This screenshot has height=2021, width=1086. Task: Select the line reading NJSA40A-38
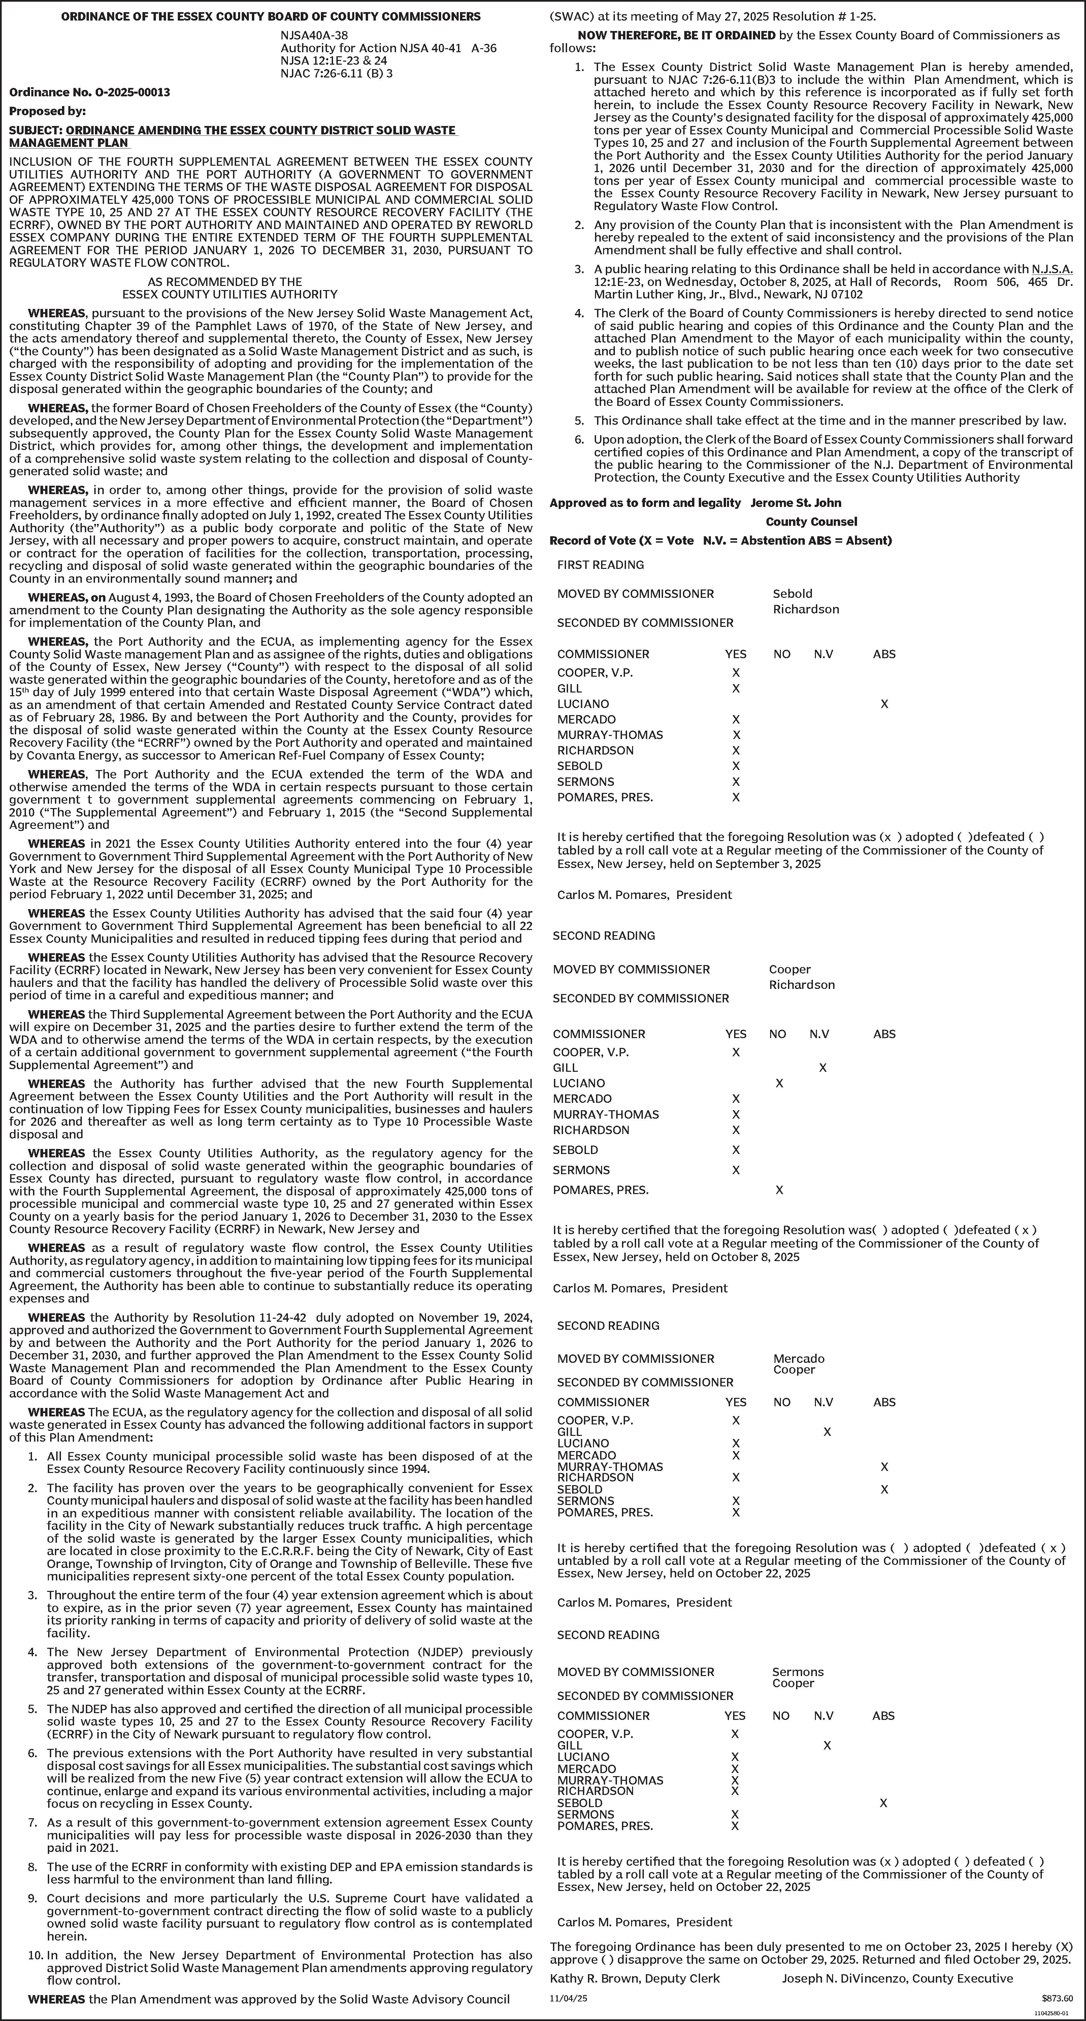tap(315, 35)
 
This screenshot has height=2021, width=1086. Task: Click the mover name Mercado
tap(799, 1359)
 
